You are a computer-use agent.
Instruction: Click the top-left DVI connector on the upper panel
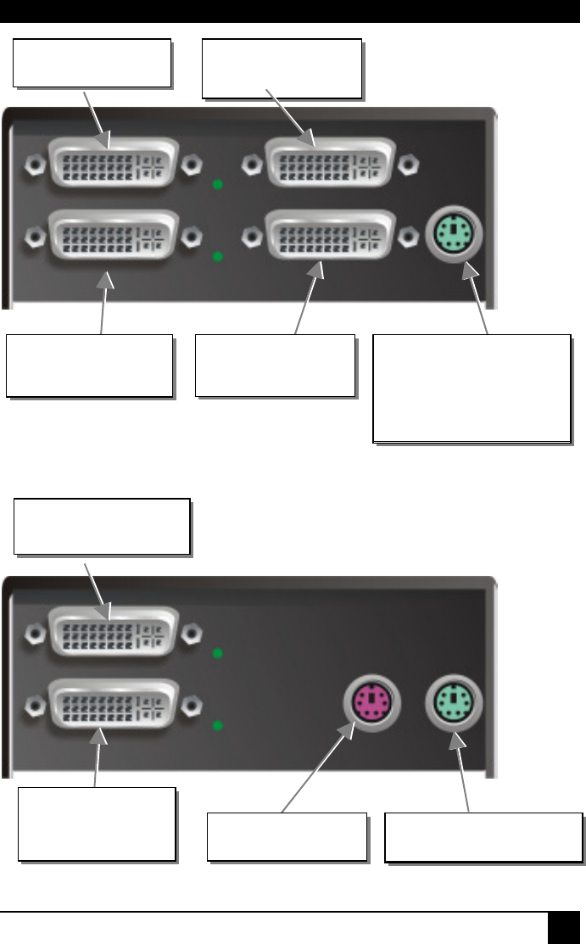(114, 164)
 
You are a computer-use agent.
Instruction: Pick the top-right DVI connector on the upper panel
(329, 164)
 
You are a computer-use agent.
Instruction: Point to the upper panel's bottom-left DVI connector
(114, 234)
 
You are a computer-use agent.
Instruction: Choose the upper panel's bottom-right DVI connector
(329, 234)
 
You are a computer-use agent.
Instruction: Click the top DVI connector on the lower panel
(114, 632)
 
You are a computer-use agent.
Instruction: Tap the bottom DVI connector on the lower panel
(114, 702)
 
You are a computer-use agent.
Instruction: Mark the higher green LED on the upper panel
(218, 184)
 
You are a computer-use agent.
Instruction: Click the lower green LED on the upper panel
(218, 255)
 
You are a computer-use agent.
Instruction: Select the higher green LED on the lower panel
(218, 654)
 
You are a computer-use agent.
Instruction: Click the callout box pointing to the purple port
(288, 838)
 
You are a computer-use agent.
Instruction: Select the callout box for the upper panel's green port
(472, 388)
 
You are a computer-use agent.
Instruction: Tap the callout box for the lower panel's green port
(483, 838)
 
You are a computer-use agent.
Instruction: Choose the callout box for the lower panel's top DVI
(102, 527)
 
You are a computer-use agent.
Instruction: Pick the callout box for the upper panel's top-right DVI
(282, 67)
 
